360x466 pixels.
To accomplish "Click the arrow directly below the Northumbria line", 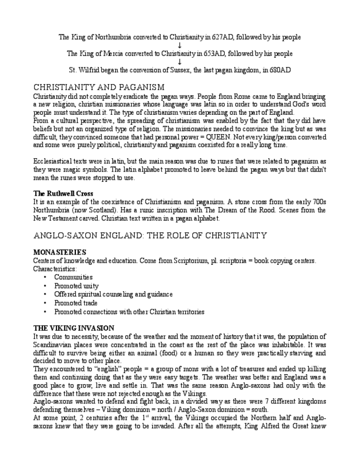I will tap(180, 46).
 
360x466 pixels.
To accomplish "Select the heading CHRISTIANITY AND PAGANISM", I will tap(99, 87).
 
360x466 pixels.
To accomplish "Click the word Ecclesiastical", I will tap(52, 162).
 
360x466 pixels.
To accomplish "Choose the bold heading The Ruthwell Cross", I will tap(63, 194).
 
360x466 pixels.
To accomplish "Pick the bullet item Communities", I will tap(73, 278).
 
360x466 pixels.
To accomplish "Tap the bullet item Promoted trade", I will tap(76, 303).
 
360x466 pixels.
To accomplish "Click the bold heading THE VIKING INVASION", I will tap(74, 328).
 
